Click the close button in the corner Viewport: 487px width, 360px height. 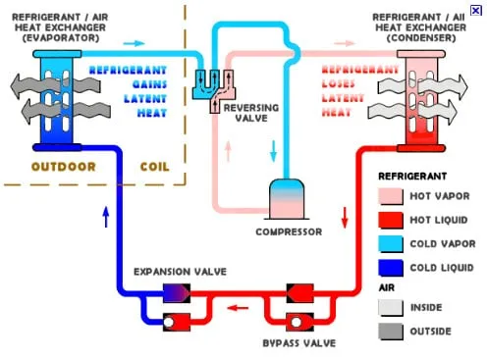click(x=476, y=9)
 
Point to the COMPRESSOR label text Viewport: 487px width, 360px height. click(x=289, y=232)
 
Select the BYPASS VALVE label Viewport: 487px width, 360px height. click(x=299, y=343)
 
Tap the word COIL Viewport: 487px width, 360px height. click(x=156, y=166)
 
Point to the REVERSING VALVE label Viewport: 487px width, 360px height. click(x=253, y=110)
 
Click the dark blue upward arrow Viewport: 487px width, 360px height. click(x=106, y=217)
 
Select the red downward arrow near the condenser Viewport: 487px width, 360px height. click(x=344, y=217)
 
